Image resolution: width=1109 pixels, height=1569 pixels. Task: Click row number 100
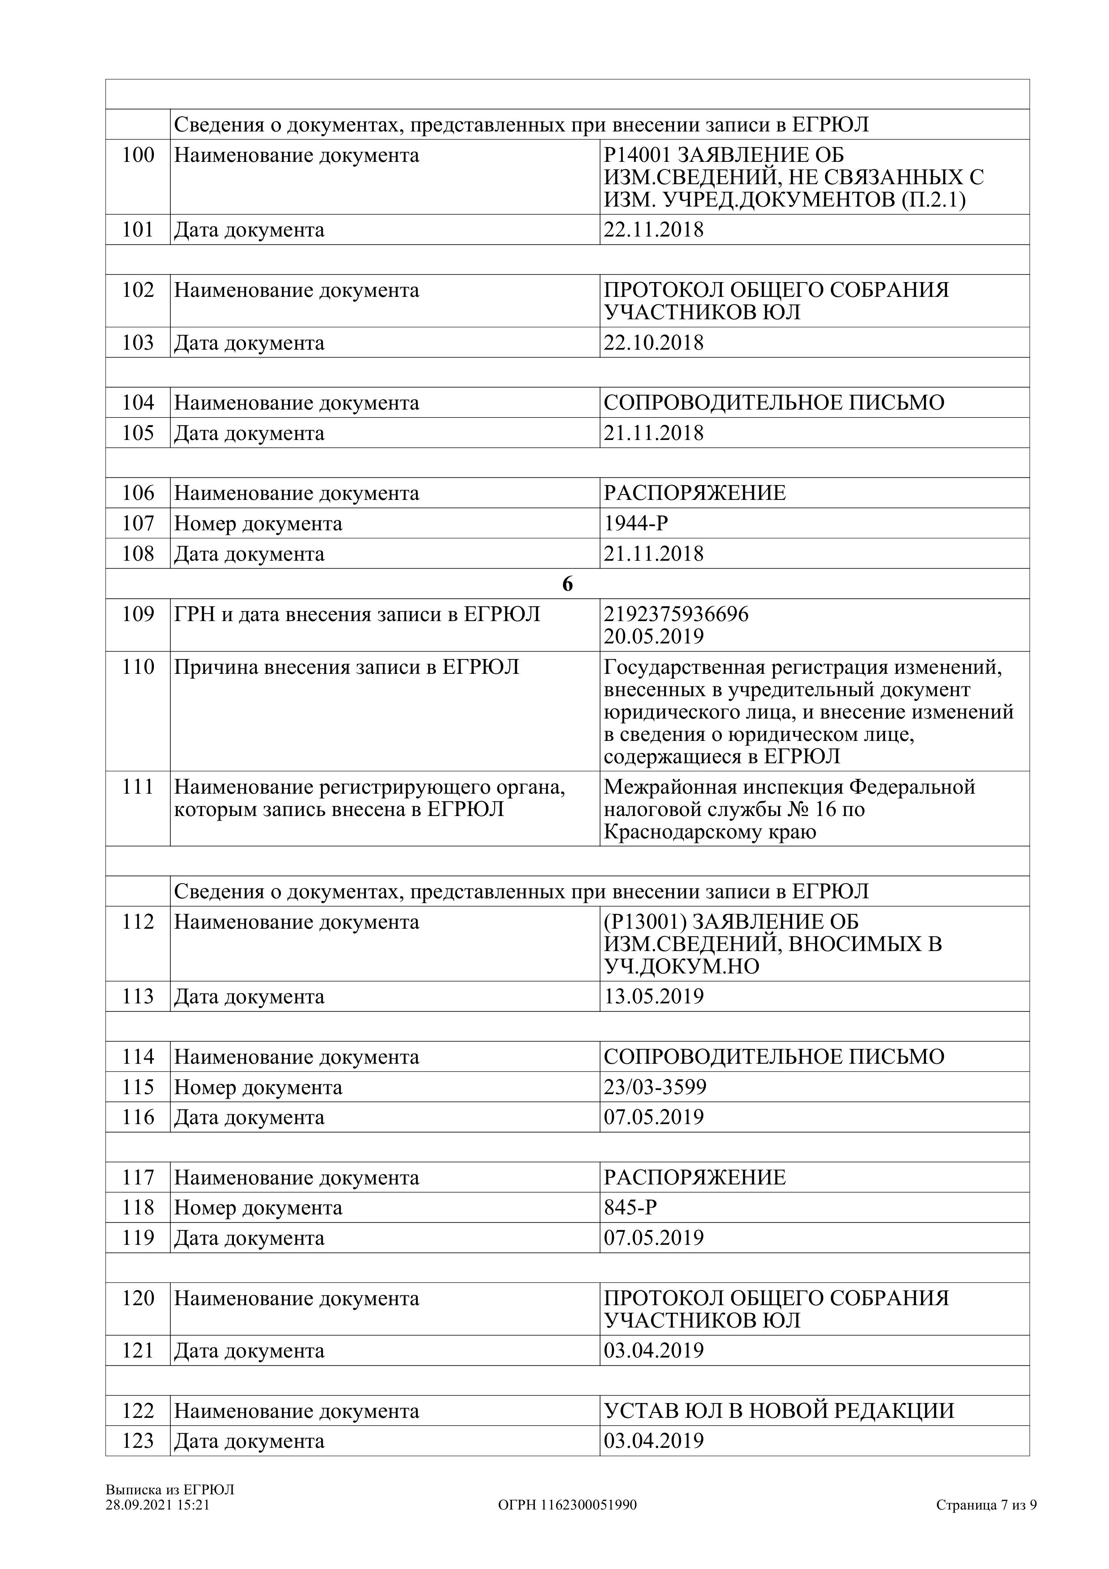click(x=138, y=155)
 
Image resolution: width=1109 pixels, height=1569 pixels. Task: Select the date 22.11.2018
click(x=653, y=230)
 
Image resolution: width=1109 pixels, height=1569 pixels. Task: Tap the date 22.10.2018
click(x=653, y=343)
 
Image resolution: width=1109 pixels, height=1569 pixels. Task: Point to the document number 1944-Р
click(x=635, y=524)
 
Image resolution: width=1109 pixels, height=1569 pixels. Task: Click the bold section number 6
click(x=567, y=584)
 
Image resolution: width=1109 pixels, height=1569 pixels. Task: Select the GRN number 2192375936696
click(x=676, y=614)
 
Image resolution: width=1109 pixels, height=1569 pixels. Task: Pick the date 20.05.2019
click(x=653, y=637)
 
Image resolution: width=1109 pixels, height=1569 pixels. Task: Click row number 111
click(x=138, y=787)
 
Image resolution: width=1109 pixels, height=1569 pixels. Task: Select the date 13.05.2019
click(x=653, y=996)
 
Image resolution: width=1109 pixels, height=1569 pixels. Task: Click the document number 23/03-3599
click(x=655, y=1087)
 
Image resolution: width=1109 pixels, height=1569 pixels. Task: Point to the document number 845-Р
click(x=630, y=1208)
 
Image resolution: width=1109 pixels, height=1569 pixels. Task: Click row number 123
click(x=138, y=1441)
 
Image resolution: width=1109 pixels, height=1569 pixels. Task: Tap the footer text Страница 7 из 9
click(x=986, y=1505)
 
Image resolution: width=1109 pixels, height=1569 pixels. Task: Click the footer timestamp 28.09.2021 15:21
click(x=157, y=1505)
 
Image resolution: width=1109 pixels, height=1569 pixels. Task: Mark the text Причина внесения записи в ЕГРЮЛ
click(x=347, y=667)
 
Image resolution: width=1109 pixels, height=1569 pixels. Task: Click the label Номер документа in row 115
click(x=258, y=1087)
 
